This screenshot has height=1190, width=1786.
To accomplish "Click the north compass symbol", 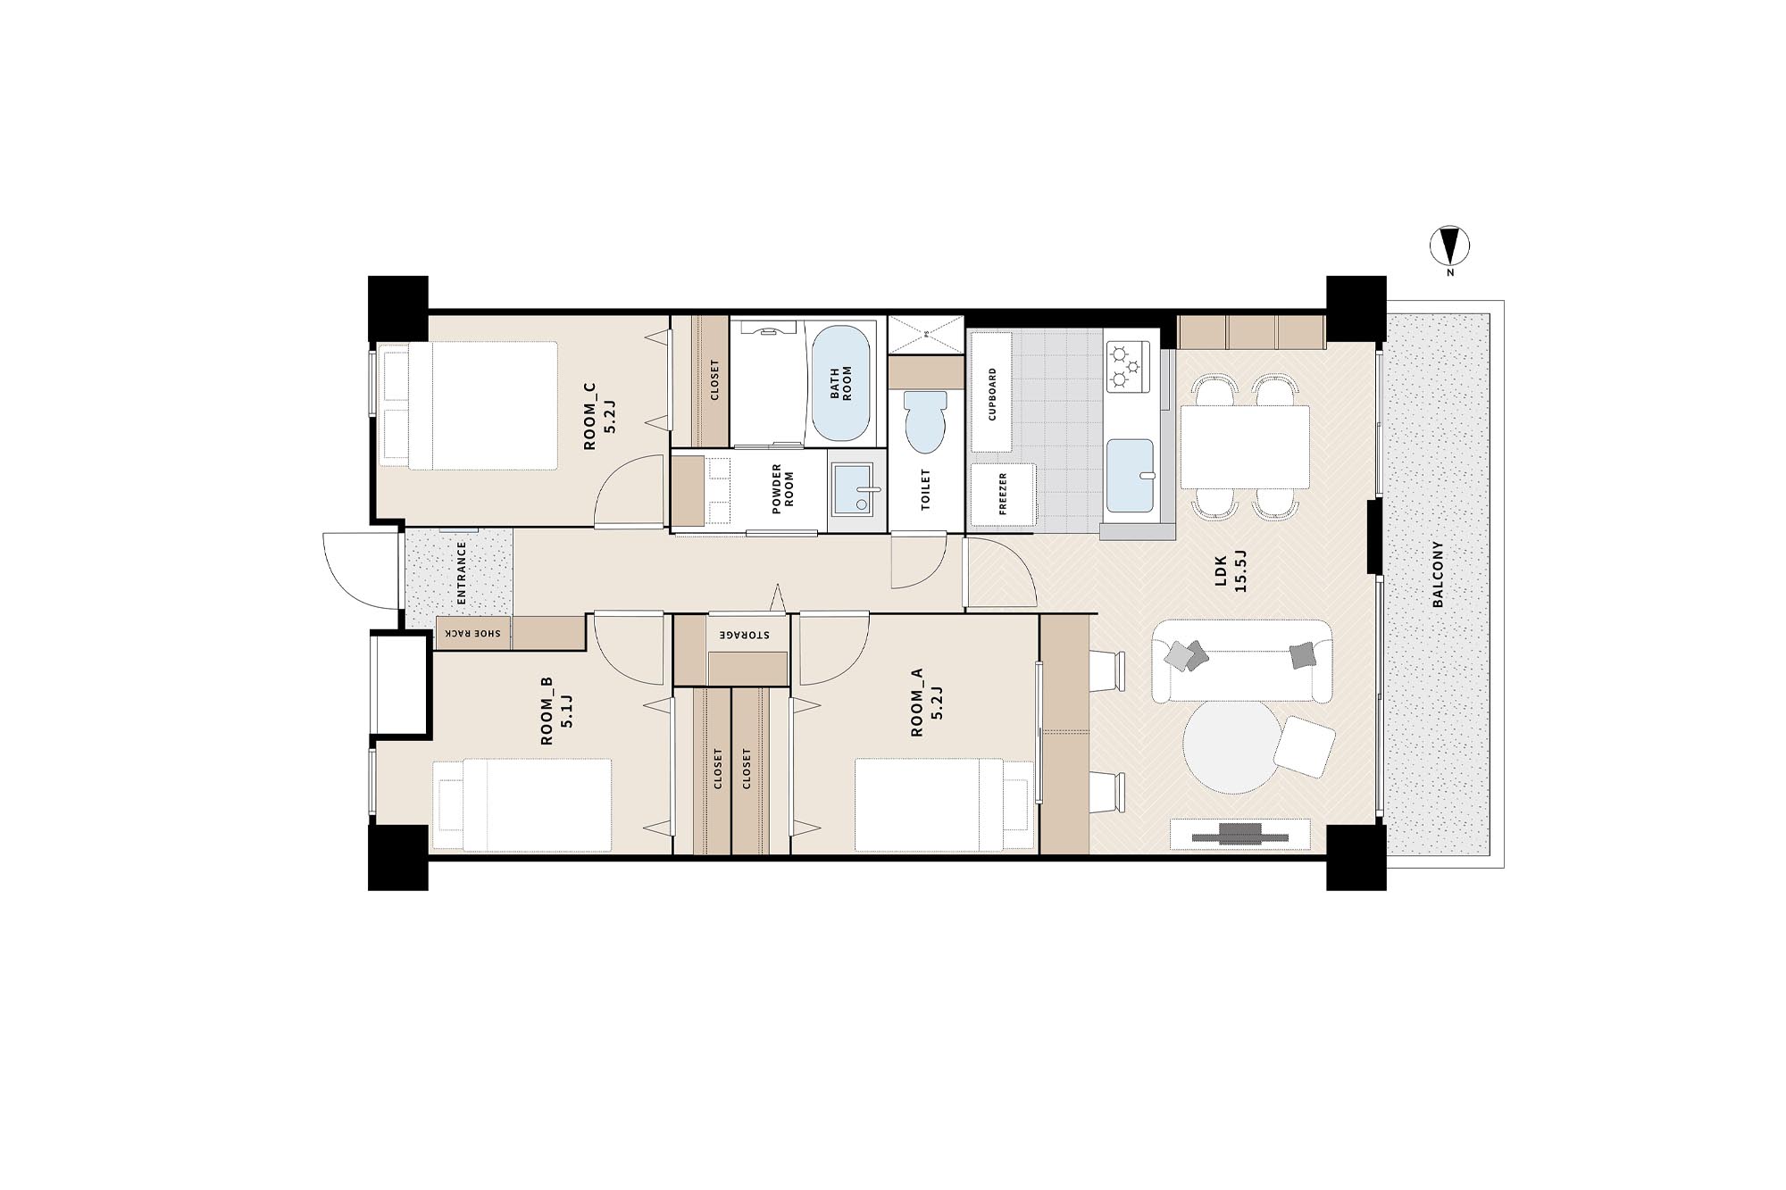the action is [x=1449, y=245].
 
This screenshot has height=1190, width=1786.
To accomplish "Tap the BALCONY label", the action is [x=1438, y=574].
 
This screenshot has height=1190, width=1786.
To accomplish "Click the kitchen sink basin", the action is [x=1131, y=475].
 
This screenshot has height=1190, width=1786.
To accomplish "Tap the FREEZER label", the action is [x=1003, y=494].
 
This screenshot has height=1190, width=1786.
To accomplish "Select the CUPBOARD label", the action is [x=991, y=394].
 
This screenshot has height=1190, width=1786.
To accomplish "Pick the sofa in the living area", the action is [x=1242, y=662].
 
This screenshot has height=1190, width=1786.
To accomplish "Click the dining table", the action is [x=1245, y=446].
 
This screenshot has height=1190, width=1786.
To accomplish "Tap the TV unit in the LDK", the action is [x=1240, y=835].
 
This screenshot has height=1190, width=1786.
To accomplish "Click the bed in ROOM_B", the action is [x=522, y=805].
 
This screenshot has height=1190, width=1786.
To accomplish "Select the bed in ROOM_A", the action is [x=945, y=805].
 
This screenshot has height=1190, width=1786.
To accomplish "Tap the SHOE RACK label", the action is [x=473, y=633].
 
